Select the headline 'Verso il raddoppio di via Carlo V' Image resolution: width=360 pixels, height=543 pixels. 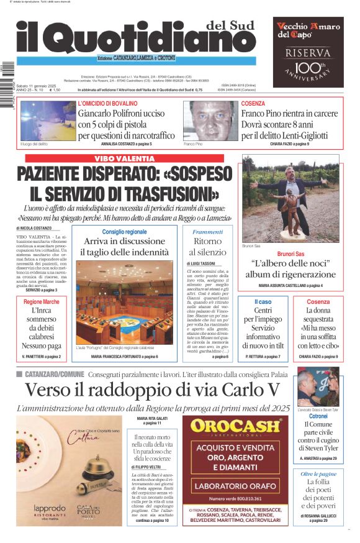(x=153, y=390)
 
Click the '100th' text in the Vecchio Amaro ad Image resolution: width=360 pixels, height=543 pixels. (x=309, y=67)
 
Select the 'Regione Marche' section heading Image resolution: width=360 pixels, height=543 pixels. (x=42, y=302)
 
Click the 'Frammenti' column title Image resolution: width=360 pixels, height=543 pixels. (x=207, y=232)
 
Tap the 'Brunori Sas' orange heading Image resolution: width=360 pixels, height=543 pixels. (x=290, y=254)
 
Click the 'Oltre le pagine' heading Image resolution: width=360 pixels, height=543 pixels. (x=318, y=473)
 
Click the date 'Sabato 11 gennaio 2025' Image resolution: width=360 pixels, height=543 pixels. (x=35, y=84)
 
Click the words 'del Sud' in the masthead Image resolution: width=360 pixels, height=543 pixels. (x=231, y=26)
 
